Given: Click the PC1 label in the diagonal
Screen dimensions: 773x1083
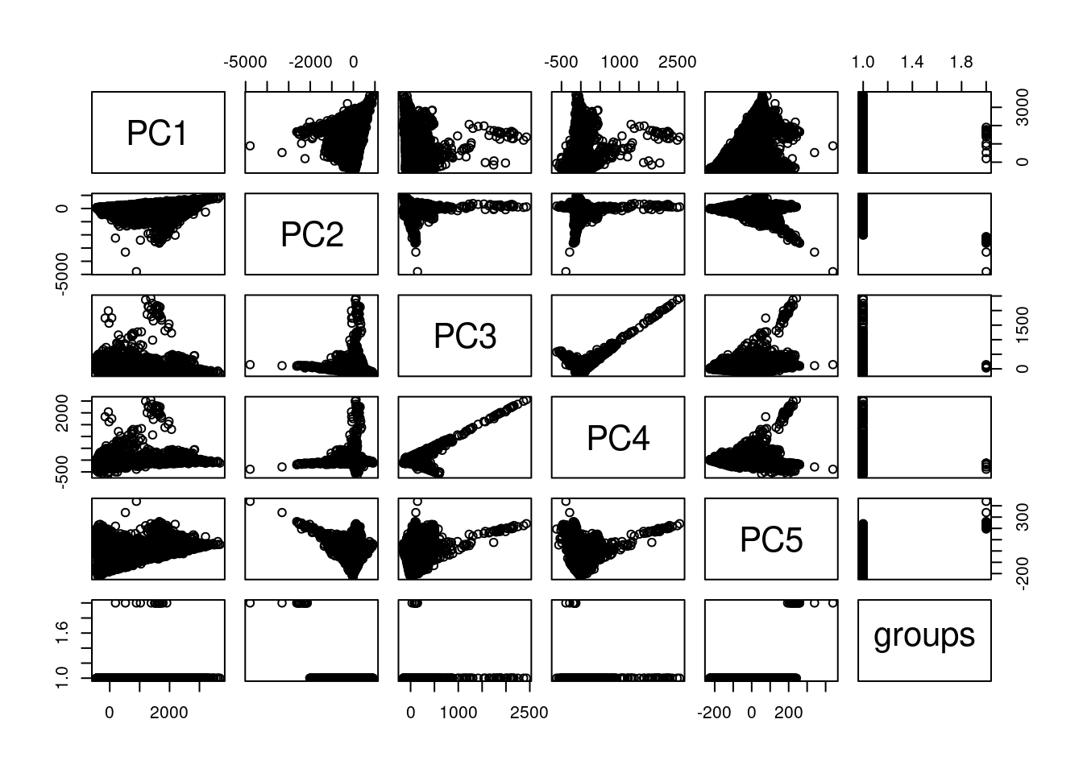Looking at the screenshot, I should pos(158,133).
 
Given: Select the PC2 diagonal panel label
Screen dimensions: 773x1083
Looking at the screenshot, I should pos(312,234).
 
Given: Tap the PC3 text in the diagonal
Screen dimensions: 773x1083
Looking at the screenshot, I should pos(465,336).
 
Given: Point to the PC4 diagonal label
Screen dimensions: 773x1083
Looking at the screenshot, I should pos(618,438).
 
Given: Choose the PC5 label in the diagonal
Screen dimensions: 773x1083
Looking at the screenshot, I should pos(771,539).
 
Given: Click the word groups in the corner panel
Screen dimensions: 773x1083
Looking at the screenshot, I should pos(924,636).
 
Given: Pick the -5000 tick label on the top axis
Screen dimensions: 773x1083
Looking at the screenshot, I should pos(243,63).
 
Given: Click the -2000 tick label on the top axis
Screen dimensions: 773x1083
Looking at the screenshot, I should pos(310,63).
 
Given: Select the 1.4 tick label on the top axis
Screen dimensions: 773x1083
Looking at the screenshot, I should pos(912,63).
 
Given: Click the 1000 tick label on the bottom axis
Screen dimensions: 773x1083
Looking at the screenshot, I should pos(459,712).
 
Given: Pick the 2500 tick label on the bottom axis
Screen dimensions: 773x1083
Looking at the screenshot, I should pos(529,712).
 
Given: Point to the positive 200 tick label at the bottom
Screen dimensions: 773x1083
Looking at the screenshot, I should pos(788,712).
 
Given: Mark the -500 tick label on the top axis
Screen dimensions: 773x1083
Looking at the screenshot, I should pos(561,63).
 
